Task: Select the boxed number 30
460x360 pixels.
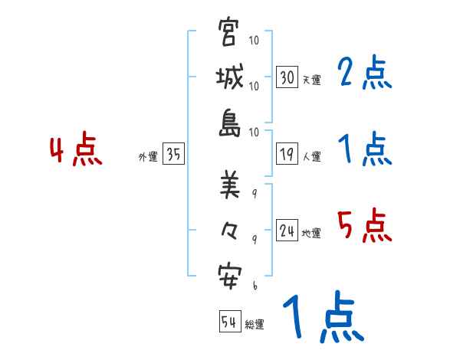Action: tap(287, 77)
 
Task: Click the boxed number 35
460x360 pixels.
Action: tap(173, 155)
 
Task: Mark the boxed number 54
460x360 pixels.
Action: tap(229, 322)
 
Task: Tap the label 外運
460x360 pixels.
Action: tap(147, 156)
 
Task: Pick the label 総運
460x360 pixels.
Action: tap(255, 324)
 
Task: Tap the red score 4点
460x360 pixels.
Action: tap(75, 151)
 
